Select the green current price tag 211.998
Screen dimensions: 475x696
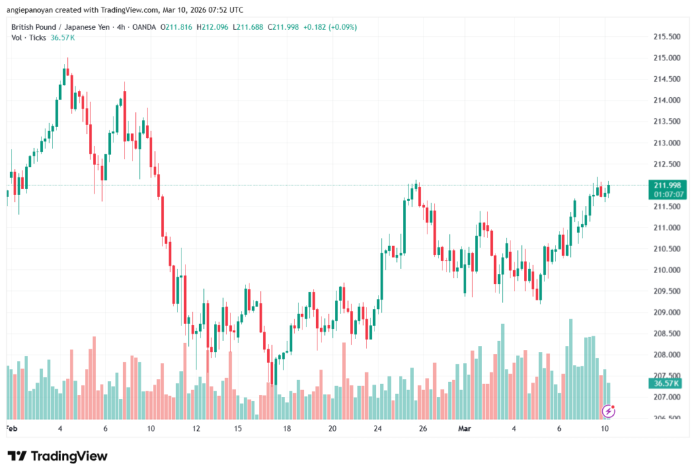pos(667,186)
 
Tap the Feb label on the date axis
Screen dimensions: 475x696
pos(11,429)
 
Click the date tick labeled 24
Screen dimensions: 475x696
pos(378,429)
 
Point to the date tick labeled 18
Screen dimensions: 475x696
pos(287,429)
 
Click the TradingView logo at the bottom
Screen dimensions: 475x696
pos(58,456)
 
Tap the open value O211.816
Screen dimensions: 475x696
pos(177,27)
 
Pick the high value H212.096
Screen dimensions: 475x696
pos(214,27)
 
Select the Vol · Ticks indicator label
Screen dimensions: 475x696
pos(29,37)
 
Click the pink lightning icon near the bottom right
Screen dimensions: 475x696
pos(609,410)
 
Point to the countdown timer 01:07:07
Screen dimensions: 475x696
pos(667,194)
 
